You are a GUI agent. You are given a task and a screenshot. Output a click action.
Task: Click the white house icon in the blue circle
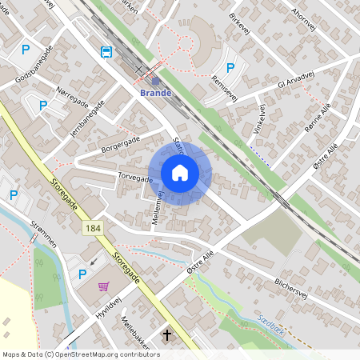(180, 173)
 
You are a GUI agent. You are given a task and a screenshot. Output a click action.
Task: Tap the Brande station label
(155, 93)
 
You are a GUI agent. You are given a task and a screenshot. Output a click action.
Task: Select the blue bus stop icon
(106, 52)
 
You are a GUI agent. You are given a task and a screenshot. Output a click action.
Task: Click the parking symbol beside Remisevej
(231, 69)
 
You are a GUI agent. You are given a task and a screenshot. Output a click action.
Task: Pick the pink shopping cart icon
(104, 286)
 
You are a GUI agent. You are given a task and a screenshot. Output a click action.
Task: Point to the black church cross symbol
(168, 334)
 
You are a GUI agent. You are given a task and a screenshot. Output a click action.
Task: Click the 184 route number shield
(91, 230)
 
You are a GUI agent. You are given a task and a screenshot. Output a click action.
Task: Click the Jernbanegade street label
(88, 119)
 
